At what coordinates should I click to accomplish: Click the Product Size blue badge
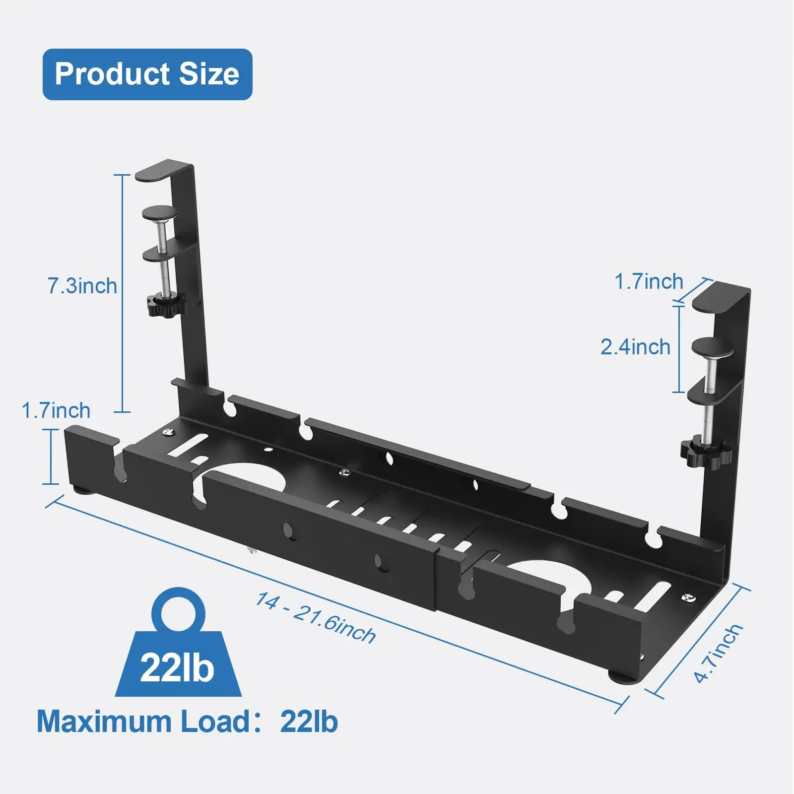pos(147,74)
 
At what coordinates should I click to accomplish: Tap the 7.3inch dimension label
pos(82,286)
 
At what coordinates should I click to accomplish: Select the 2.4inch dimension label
pos(635,347)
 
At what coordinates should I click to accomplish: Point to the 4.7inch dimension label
pos(718,654)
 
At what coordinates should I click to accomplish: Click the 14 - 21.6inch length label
pos(316,618)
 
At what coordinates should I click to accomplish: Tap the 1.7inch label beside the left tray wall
pos(56,411)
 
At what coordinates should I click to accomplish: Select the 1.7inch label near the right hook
pos(649,282)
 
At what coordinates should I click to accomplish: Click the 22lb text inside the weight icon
pos(177,668)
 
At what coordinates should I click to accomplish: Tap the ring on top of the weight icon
pos(178,609)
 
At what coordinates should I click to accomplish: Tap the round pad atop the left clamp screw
pos(160,213)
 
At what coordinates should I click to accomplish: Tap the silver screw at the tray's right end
pos(689,598)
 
